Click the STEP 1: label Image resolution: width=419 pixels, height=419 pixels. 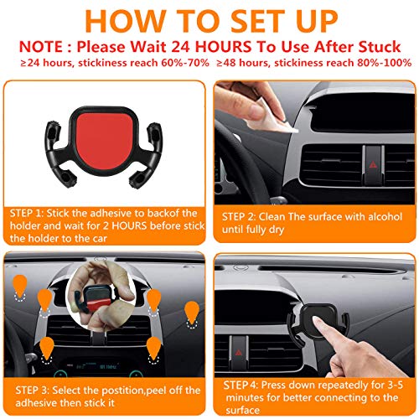pos(34,212)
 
